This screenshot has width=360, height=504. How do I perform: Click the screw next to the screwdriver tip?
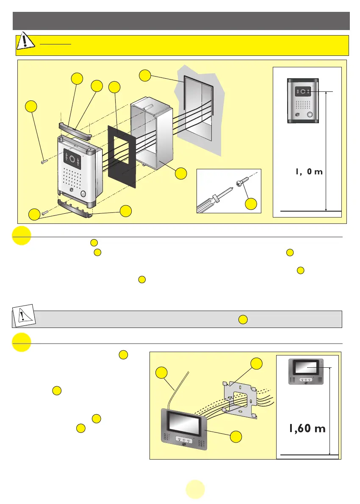[x=245, y=182]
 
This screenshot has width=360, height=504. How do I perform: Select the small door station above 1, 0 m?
[x=303, y=100]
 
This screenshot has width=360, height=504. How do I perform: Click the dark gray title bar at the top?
[x=181, y=21]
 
